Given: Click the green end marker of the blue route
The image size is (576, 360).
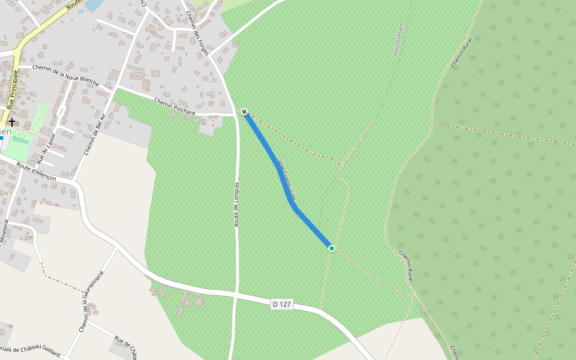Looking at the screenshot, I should tap(331, 248).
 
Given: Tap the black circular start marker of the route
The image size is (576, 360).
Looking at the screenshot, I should tap(244, 112).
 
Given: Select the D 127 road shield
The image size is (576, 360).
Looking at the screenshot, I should tap(281, 305).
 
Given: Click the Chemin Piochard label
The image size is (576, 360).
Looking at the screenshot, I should tap(175, 106).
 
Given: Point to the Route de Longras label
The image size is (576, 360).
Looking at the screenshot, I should tap(237, 204).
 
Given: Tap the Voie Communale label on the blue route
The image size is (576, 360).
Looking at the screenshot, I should tap(287, 180).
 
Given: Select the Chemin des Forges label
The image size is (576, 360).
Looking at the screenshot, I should tap(197, 33).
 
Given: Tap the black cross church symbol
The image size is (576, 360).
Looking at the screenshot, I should tap(11, 122).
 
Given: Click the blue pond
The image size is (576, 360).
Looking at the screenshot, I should tap(93, 5).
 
